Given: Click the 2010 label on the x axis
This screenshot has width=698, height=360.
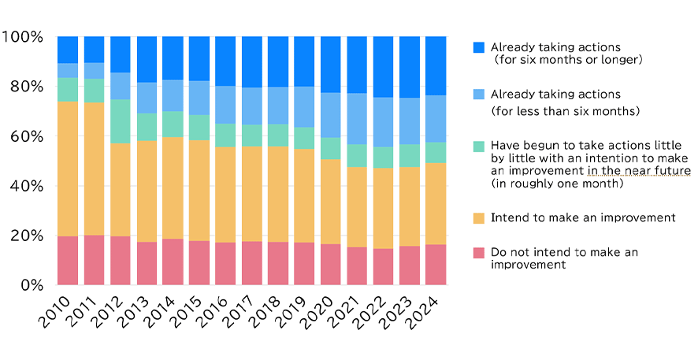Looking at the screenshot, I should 58,312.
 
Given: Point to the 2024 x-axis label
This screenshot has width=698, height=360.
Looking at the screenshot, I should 425,312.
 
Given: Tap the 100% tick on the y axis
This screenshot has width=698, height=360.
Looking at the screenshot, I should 24,37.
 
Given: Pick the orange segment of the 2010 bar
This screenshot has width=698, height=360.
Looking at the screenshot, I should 68,169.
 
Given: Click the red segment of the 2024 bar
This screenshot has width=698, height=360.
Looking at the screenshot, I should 436,265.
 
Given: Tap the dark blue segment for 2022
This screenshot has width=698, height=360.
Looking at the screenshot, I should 383,67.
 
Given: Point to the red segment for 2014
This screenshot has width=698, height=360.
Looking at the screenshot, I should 173,262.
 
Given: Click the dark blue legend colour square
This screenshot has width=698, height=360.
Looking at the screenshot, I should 479,48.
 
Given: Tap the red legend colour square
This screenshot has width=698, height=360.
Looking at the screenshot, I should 479,253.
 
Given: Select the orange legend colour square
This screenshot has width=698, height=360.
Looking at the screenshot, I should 479,217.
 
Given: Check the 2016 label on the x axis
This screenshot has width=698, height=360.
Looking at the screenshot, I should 215,312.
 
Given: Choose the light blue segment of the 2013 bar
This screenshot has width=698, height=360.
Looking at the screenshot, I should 147,98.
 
